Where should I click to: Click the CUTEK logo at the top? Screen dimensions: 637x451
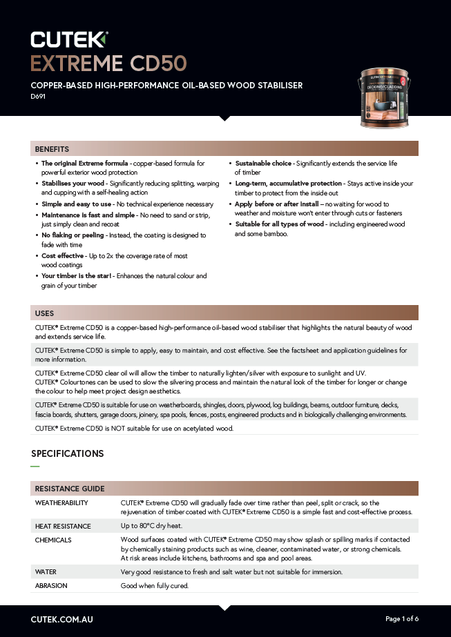(x=69, y=38)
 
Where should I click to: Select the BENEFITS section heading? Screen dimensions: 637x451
(x=52, y=149)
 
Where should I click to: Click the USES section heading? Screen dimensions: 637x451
(x=44, y=313)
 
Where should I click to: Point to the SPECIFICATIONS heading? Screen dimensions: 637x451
(x=68, y=453)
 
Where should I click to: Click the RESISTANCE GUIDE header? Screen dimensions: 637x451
(x=69, y=489)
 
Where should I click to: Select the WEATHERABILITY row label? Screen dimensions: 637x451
(x=61, y=503)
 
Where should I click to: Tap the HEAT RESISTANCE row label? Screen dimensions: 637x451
(x=63, y=526)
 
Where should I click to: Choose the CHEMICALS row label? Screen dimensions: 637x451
(x=53, y=540)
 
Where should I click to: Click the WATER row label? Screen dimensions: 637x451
(x=46, y=572)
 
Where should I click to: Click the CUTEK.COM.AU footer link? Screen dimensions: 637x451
(x=62, y=619)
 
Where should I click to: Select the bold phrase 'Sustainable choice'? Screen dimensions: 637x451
(x=263, y=164)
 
